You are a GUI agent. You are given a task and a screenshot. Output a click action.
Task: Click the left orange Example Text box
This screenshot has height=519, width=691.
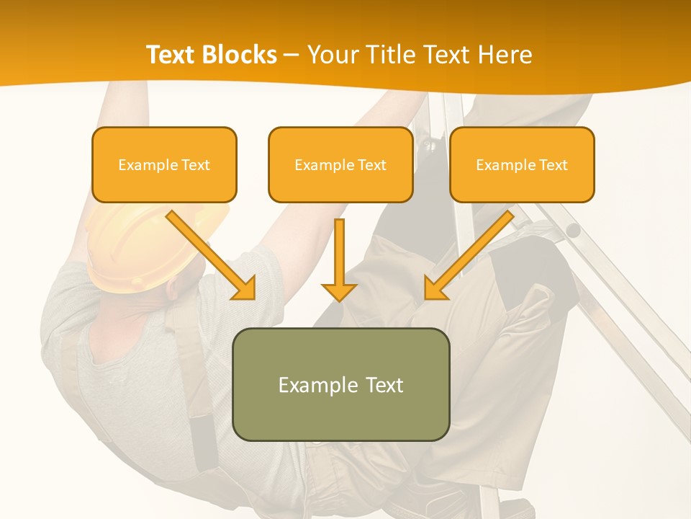pyautogui.click(x=164, y=164)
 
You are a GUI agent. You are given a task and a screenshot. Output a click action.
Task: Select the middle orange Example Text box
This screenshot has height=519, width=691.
pyautogui.click(x=340, y=164)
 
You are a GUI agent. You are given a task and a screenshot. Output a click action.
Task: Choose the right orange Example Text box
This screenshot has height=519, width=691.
pyautogui.click(x=522, y=164)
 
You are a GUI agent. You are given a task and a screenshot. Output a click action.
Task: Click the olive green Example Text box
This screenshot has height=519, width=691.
pyautogui.click(x=340, y=384)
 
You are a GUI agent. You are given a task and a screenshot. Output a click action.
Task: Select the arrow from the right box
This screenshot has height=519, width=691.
pyautogui.click(x=471, y=252)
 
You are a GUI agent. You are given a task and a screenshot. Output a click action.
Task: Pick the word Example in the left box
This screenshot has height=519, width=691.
pyautogui.click(x=143, y=164)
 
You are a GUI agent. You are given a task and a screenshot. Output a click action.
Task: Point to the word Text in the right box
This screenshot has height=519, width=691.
pyautogui.click(x=552, y=164)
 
